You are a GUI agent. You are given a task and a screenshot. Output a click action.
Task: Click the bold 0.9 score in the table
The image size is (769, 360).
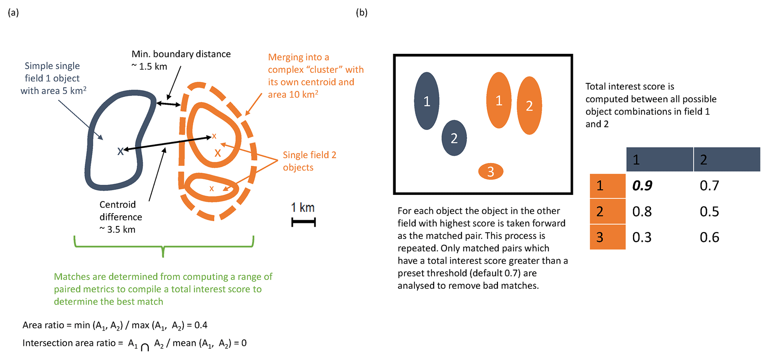click(x=642, y=186)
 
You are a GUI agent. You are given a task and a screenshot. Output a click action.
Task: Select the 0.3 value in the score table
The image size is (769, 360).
click(x=642, y=237)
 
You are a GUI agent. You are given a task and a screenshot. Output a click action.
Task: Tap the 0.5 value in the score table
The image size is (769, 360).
click(x=709, y=212)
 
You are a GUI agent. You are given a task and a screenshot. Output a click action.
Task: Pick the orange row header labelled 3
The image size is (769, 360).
click(x=607, y=237)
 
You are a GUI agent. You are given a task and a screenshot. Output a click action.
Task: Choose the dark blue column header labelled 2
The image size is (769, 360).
click(x=726, y=160)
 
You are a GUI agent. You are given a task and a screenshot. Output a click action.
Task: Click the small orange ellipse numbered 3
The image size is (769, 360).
click(x=490, y=171)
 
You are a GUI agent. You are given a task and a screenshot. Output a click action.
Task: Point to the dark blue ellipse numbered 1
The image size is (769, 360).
click(x=427, y=101)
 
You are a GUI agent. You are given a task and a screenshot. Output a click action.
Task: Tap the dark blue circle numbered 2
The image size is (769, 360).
click(x=454, y=138)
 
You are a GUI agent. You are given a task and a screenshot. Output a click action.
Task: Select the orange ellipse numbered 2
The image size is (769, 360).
click(x=529, y=106)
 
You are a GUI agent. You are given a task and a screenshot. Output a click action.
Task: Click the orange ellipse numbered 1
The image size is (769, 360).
click(x=499, y=100)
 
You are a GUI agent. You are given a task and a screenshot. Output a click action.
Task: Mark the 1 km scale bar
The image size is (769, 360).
click(x=303, y=222)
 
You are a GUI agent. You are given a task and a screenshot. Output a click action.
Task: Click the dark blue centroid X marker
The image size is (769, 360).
click(x=120, y=151)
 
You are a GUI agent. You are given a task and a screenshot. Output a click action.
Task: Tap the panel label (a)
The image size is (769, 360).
click(x=13, y=13)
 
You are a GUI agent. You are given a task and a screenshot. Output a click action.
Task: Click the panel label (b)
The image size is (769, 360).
click(x=361, y=13)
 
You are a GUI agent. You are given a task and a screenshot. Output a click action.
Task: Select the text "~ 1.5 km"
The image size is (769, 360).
click(x=149, y=67)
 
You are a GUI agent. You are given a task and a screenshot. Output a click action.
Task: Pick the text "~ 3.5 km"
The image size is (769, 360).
click(x=118, y=229)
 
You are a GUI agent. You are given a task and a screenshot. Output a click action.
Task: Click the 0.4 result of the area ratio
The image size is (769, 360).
click(x=201, y=325)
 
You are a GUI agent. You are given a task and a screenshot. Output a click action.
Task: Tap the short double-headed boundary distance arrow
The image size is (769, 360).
click(x=168, y=104)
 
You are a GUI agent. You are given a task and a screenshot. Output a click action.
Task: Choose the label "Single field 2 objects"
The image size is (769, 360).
click(x=309, y=161)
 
